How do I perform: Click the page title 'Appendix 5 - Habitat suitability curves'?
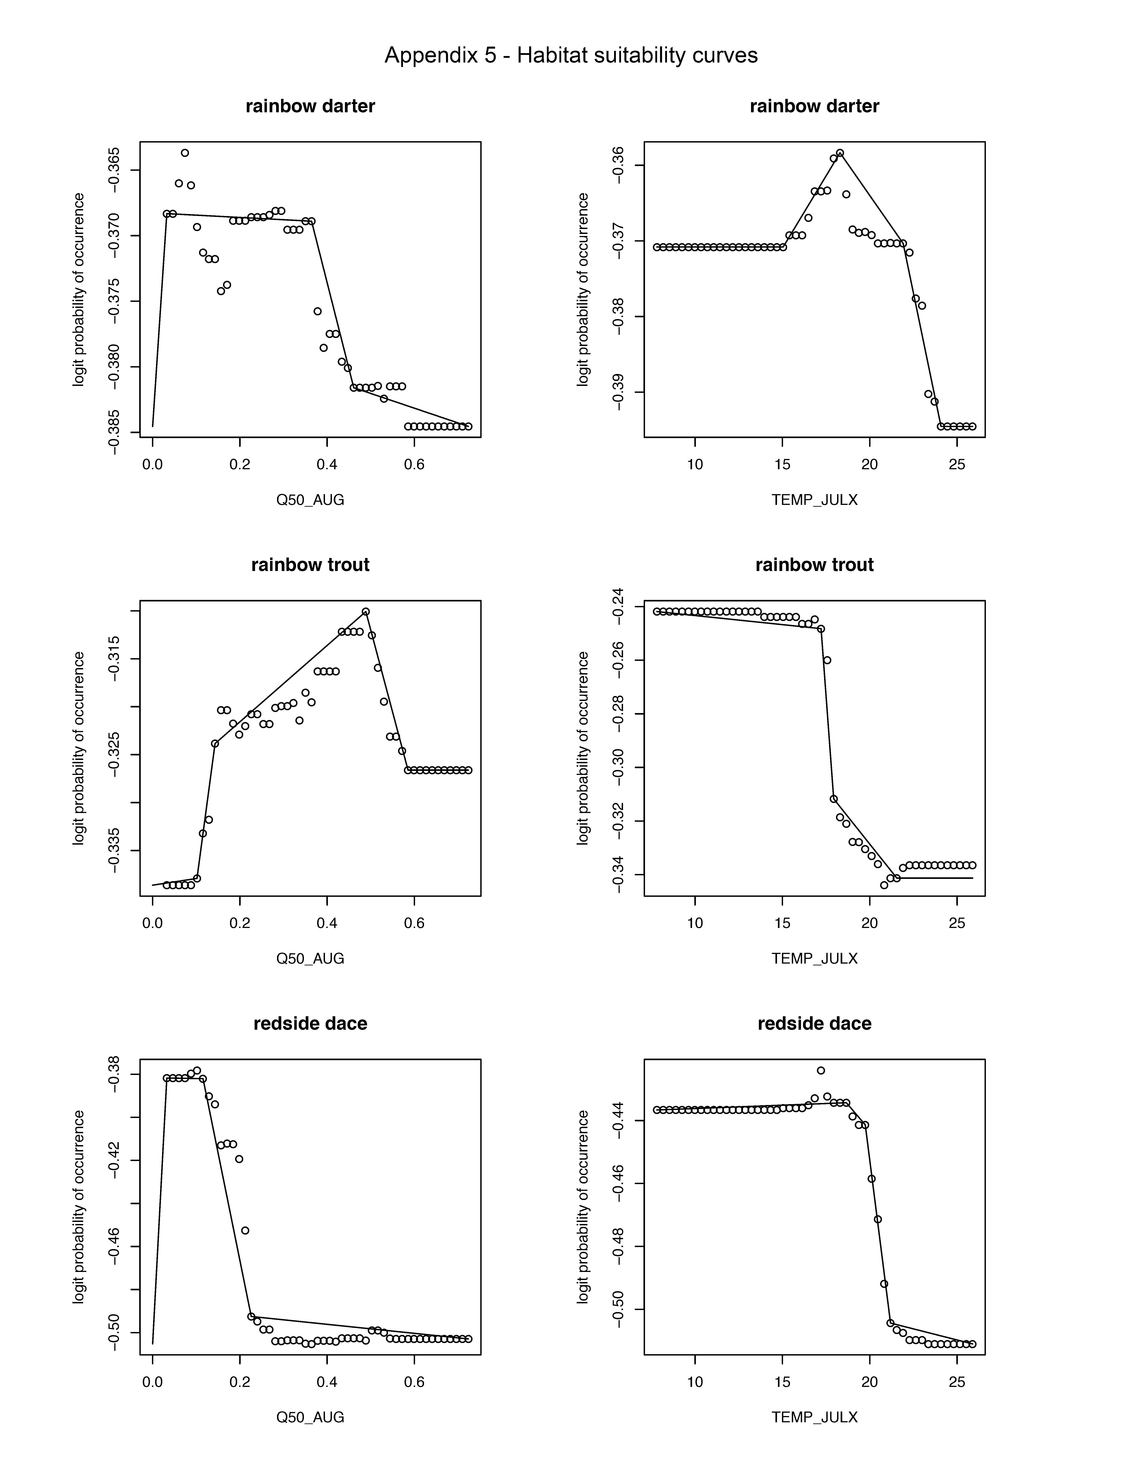point(571,55)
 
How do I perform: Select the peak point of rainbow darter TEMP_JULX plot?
point(840,153)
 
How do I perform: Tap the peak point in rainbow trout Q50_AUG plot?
point(366,612)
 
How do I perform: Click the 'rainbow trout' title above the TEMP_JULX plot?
point(814,565)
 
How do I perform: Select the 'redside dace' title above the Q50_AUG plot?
point(310,1023)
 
